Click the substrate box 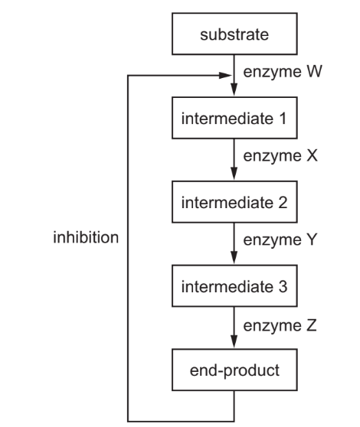click(x=234, y=35)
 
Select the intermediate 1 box click(x=234, y=120)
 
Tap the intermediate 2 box click(x=234, y=206)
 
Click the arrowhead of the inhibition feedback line click(x=227, y=76)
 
